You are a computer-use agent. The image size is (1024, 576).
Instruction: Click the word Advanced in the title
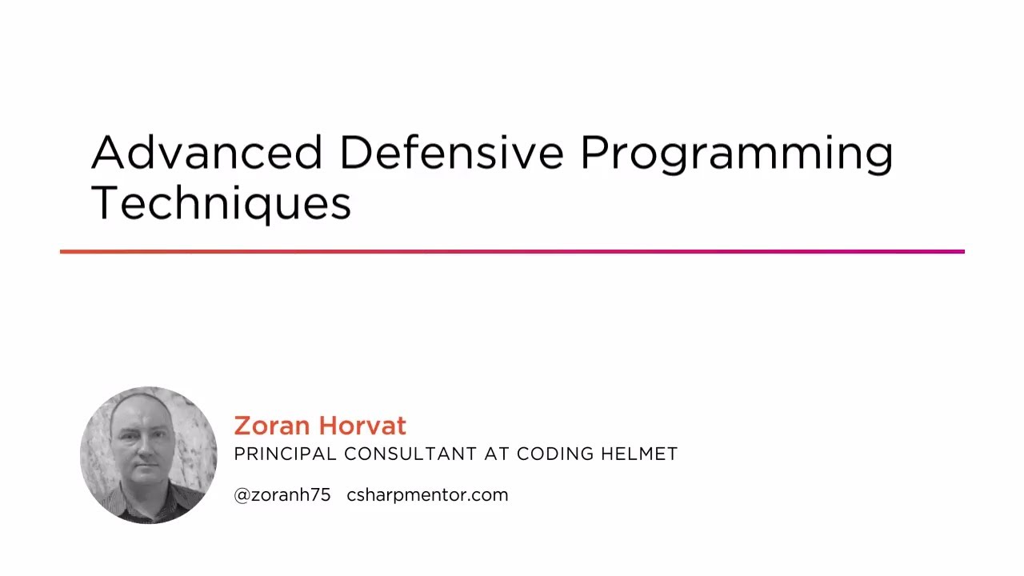pyautogui.click(x=206, y=152)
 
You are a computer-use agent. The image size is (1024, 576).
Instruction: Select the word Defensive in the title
pyautogui.click(x=451, y=152)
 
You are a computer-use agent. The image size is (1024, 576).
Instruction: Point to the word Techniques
pyautogui.click(x=221, y=203)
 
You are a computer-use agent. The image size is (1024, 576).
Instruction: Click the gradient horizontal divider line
pyautogui.click(x=512, y=252)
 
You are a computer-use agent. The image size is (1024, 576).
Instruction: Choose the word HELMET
pyautogui.click(x=641, y=454)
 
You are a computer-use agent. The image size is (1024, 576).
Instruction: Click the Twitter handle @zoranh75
pyautogui.click(x=282, y=495)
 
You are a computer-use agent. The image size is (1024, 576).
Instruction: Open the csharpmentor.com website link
pyautogui.click(x=427, y=495)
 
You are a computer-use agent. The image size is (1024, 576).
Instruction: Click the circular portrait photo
pyautogui.click(x=149, y=455)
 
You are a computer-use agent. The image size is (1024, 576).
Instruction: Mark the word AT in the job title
pyautogui.click(x=497, y=454)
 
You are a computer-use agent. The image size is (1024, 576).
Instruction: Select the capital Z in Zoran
pyautogui.click(x=242, y=426)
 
